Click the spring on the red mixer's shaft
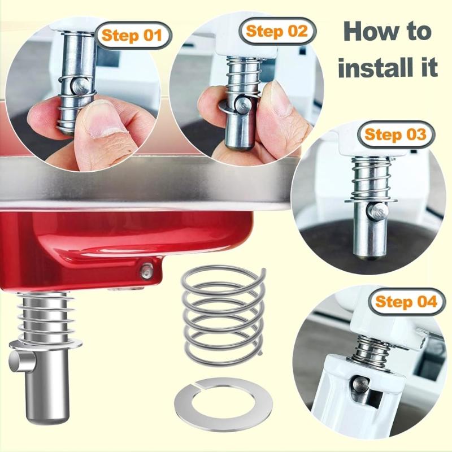click(x=47, y=320)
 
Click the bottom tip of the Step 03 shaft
click(x=368, y=255)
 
